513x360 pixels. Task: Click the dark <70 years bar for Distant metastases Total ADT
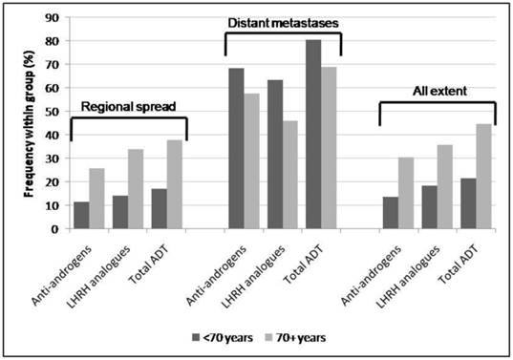[312, 135]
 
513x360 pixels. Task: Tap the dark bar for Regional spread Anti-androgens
[81, 216]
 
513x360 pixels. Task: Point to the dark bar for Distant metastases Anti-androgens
[236, 149]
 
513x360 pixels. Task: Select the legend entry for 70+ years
[295, 337]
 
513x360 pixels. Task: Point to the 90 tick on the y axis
[53, 18]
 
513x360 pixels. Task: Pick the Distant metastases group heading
[283, 22]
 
